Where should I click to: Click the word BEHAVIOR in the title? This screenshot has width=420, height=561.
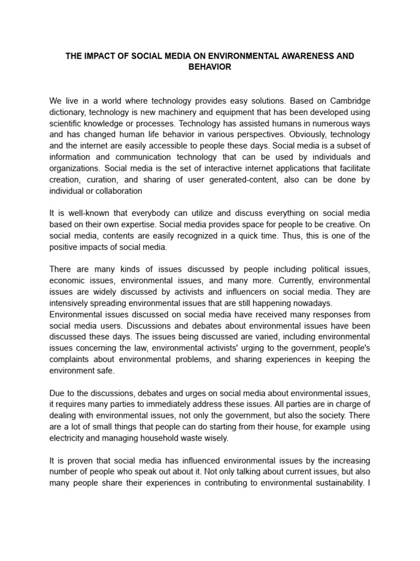(x=209, y=66)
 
